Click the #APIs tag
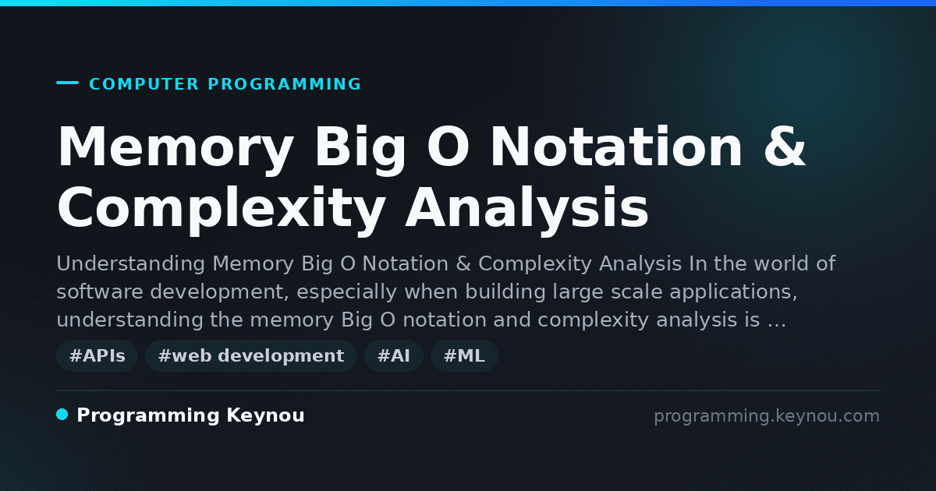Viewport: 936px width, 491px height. (x=97, y=355)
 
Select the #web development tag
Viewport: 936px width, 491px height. (x=250, y=355)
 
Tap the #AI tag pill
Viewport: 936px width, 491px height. (x=394, y=355)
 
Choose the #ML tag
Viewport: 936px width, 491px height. (x=464, y=355)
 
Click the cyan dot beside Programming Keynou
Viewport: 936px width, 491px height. (x=62, y=415)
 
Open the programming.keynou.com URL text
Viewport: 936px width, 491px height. (x=767, y=416)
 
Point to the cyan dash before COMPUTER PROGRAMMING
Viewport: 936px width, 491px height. (x=67, y=83)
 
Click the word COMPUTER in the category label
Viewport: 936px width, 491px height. (x=144, y=84)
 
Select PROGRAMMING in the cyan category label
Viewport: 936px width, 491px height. (x=285, y=84)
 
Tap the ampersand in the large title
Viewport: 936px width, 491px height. (x=785, y=147)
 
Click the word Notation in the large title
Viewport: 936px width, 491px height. (x=617, y=147)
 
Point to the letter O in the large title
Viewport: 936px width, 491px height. (x=448, y=147)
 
